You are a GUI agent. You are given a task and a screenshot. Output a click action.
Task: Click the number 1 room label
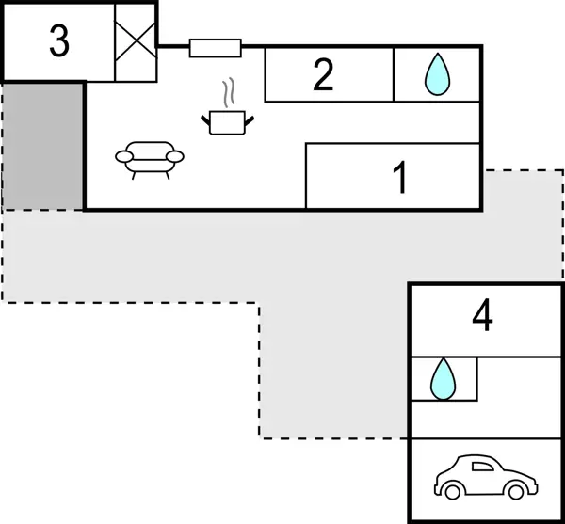[400, 178]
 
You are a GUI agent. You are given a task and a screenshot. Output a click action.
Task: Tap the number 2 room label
[323, 76]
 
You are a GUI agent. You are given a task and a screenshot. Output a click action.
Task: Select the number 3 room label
[58, 42]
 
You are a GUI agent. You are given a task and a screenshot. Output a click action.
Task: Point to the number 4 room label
[482, 317]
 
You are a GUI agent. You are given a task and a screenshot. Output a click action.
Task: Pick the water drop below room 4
[441, 379]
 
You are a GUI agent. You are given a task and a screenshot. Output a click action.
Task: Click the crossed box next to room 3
[133, 42]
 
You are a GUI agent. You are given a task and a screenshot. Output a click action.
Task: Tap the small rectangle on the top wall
[215, 47]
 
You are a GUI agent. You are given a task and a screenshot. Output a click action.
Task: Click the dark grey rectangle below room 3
[43, 146]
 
